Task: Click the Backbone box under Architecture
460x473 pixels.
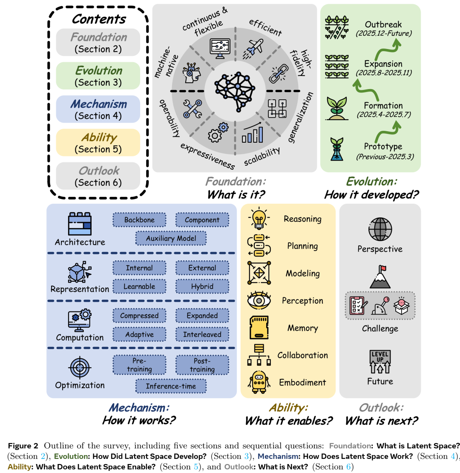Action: point(139,220)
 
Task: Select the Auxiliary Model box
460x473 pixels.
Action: point(171,238)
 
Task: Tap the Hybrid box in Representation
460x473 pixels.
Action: point(202,286)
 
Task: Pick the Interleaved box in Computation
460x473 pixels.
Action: point(202,335)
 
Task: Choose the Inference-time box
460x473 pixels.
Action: point(171,386)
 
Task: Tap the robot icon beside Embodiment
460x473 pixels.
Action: point(259,381)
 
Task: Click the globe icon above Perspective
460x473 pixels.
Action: point(380,229)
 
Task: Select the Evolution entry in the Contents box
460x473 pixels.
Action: point(98,76)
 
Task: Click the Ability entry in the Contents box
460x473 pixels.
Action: point(98,143)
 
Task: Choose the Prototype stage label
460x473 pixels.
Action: point(383,147)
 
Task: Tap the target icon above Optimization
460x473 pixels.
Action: point(80,366)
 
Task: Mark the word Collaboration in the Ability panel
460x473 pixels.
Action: point(302,355)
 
